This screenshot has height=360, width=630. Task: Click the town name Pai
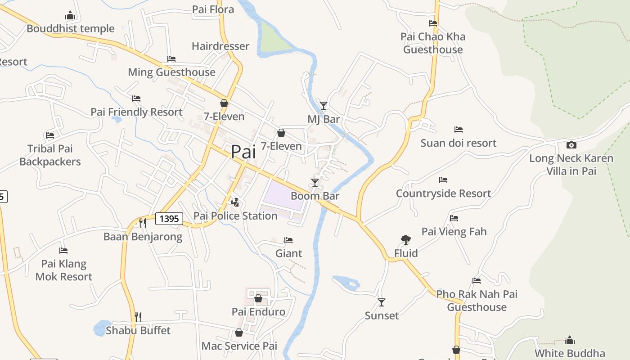click(243, 152)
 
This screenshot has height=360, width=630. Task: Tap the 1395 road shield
click(169, 219)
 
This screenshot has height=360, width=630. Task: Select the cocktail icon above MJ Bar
click(323, 106)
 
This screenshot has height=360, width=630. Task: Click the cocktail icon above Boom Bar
click(315, 182)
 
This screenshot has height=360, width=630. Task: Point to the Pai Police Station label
click(235, 216)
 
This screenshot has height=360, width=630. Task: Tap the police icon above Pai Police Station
click(234, 202)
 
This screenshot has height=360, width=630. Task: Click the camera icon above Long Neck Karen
click(571, 145)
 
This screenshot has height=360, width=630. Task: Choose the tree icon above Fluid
click(405, 240)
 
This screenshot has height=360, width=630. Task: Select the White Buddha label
click(570, 353)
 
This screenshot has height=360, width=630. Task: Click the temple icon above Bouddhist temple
click(70, 16)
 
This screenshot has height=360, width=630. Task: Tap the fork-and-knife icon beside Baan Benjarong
click(143, 223)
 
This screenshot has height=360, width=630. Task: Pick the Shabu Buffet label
click(138, 331)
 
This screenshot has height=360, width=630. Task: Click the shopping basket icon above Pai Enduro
click(258, 298)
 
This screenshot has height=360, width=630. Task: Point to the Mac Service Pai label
click(239, 346)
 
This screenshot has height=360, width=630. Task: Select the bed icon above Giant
click(288, 240)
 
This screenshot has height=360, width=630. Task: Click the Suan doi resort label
click(459, 143)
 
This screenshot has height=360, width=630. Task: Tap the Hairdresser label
click(220, 46)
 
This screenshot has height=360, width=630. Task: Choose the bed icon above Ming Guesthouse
click(171, 59)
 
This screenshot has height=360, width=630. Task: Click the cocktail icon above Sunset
click(382, 302)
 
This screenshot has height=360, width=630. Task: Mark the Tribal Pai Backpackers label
click(50, 155)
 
